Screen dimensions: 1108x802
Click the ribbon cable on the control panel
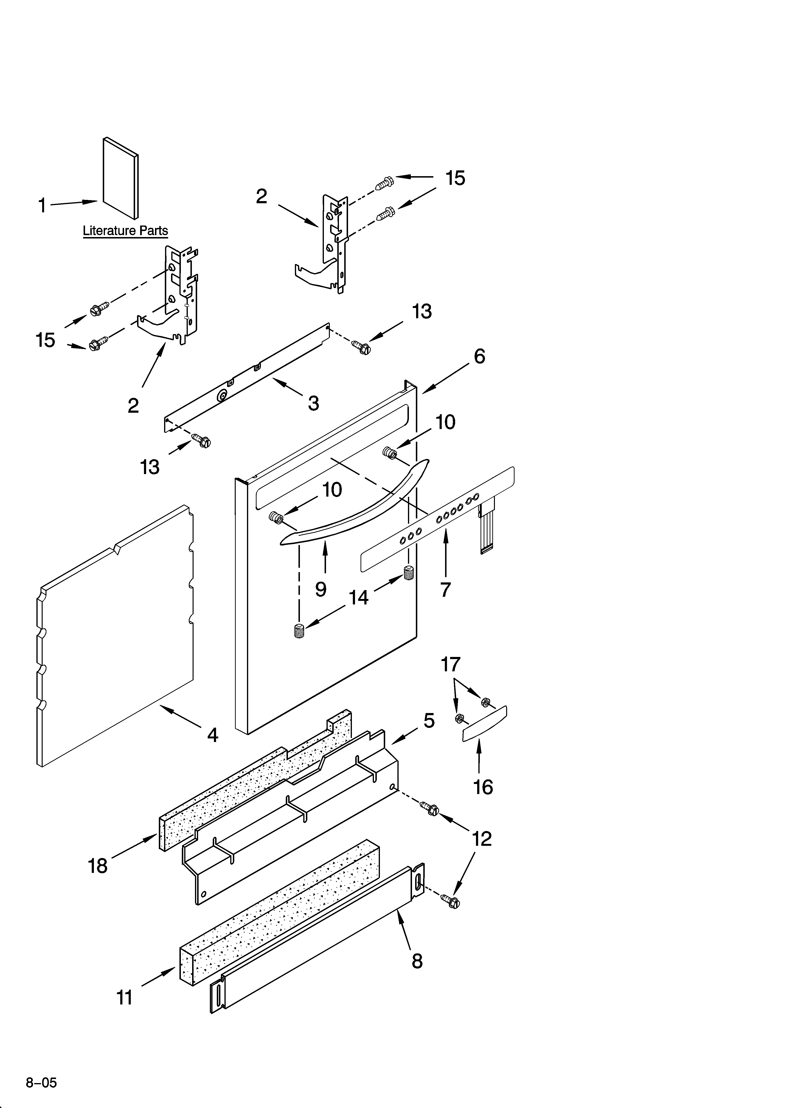click(487, 528)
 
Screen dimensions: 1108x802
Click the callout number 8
click(417, 961)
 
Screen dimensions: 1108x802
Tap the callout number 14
click(359, 597)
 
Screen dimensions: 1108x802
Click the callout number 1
click(42, 206)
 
